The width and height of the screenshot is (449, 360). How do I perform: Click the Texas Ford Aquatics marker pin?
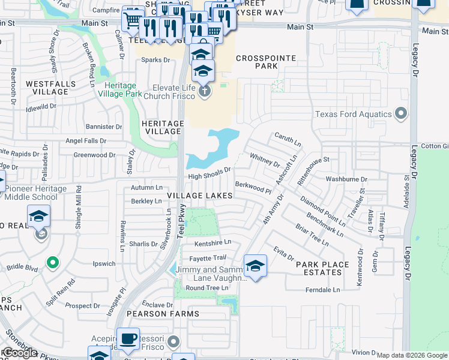401,114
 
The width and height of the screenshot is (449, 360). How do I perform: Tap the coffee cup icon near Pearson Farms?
128,339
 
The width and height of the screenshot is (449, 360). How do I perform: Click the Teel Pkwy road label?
181,221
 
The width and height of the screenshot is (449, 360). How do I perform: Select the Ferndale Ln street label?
322,290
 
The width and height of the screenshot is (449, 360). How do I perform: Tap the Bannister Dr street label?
104,127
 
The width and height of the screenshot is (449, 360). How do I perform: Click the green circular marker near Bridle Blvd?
53,262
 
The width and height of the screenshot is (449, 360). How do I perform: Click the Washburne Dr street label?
346,179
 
